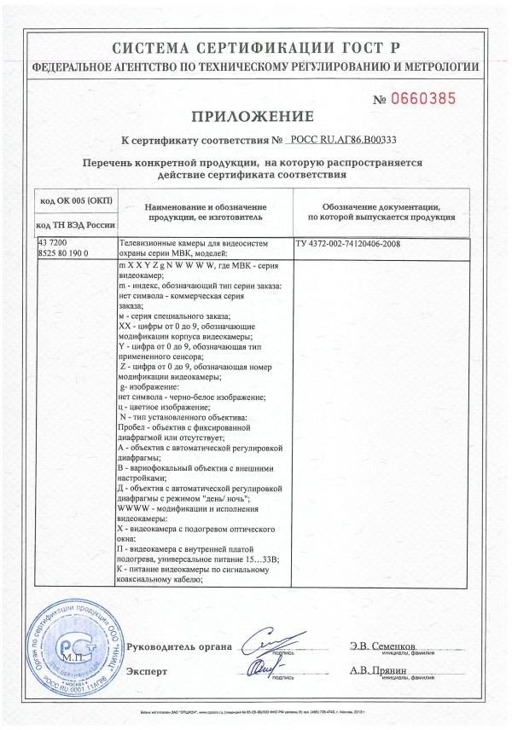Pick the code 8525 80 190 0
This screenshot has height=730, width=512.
coord(69,253)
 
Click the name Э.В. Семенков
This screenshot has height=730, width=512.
coord(383,646)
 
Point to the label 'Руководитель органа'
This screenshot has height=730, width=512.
coord(178,647)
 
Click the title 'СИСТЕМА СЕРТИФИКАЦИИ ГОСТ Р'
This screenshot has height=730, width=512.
coord(255,48)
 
